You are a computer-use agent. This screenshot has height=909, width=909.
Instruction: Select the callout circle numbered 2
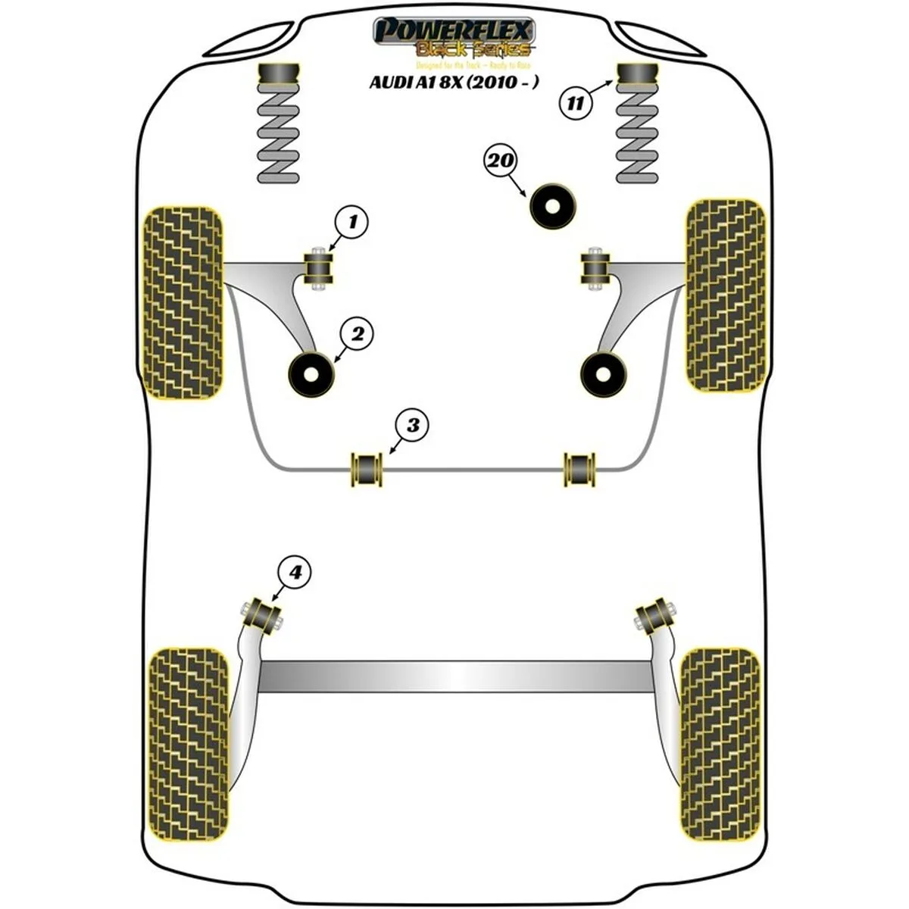pyautogui.click(x=358, y=334)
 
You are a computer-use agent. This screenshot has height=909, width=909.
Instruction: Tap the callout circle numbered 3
pyautogui.click(x=412, y=426)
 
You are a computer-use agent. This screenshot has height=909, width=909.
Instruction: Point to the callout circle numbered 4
pyautogui.click(x=295, y=573)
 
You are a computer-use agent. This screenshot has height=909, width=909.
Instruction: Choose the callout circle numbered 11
pyautogui.click(x=576, y=102)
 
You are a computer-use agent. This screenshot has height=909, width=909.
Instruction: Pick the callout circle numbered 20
pyautogui.click(x=501, y=161)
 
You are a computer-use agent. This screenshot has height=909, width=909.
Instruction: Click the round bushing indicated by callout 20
pyautogui.click(x=553, y=205)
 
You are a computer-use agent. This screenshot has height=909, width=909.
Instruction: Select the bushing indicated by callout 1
pyautogui.click(x=318, y=267)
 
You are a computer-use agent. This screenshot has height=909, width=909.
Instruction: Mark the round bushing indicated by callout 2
pyautogui.click(x=311, y=373)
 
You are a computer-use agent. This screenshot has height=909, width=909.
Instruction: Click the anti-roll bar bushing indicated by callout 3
pyautogui.click(x=366, y=470)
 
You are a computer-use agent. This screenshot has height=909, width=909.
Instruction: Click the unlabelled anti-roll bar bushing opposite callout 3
pyautogui.click(x=581, y=470)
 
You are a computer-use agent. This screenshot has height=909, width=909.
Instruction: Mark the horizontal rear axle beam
pyautogui.click(x=454, y=676)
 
